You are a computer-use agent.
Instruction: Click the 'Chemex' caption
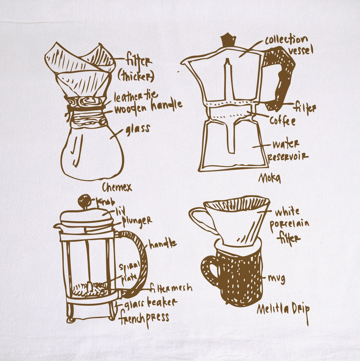point(117,187)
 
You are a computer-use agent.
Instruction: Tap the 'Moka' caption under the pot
point(270,178)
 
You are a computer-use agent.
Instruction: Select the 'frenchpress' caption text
point(144,317)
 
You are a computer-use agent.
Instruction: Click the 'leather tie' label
point(136,96)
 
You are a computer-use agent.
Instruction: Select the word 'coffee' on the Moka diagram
point(282,121)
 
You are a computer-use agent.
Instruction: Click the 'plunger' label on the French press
point(137,220)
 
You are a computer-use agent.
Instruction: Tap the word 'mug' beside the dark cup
point(276,279)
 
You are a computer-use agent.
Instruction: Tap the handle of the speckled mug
point(208,270)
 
